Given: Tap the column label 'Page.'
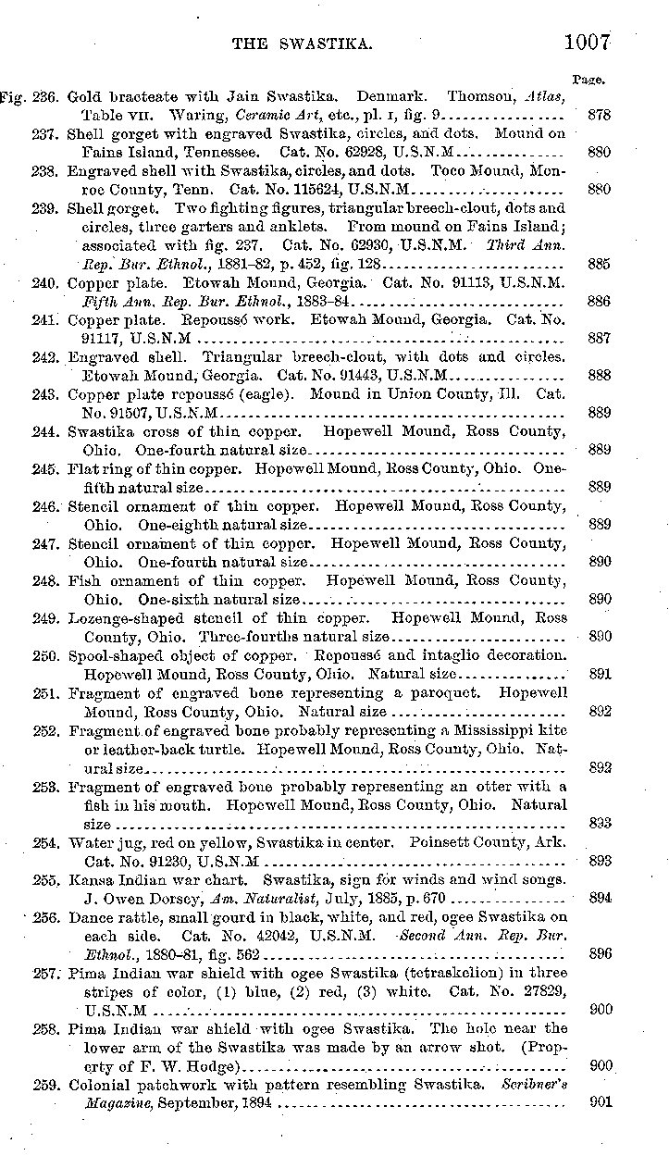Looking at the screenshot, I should (x=589, y=80).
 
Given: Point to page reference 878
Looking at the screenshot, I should (x=599, y=116).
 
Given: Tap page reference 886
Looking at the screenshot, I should (x=599, y=302).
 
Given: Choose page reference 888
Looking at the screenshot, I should (x=599, y=376).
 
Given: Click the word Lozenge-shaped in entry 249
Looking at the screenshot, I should (x=119, y=617).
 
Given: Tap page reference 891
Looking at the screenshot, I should (x=599, y=674).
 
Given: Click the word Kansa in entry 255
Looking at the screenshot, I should (x=90, y=879).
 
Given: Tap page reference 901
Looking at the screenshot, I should (x=599, y=1103).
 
